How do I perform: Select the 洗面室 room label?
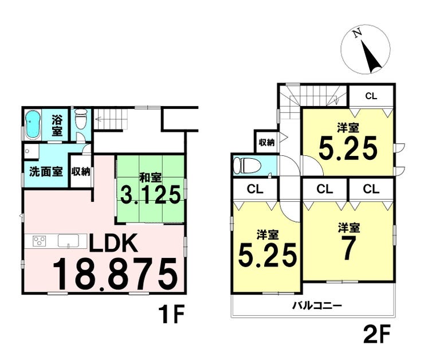[x=45, y=171]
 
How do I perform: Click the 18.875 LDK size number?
[x=115, y=274]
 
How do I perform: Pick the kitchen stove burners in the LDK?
[x=40, y=241]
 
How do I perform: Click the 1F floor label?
[x=171, y=315]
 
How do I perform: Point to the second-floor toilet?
[x=247, y=166]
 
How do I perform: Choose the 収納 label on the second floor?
[x=266, y=142]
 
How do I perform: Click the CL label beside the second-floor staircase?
[x=371, y=95]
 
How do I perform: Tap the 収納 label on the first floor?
[x=80, y=171]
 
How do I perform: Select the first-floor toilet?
[x=81, y=122]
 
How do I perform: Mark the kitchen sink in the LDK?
[x=68, y=242]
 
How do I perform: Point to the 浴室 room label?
[x=57, y=125]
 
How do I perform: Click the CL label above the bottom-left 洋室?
[x=255, y=189]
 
